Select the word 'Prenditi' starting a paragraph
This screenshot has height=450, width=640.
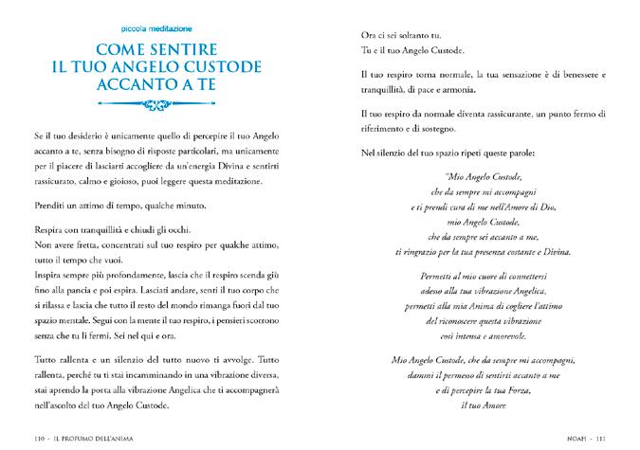click(x=49, y=206)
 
